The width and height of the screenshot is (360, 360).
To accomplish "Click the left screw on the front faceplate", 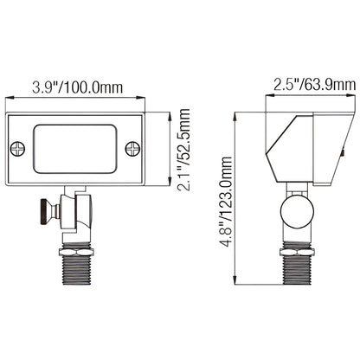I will click(17, 150).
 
